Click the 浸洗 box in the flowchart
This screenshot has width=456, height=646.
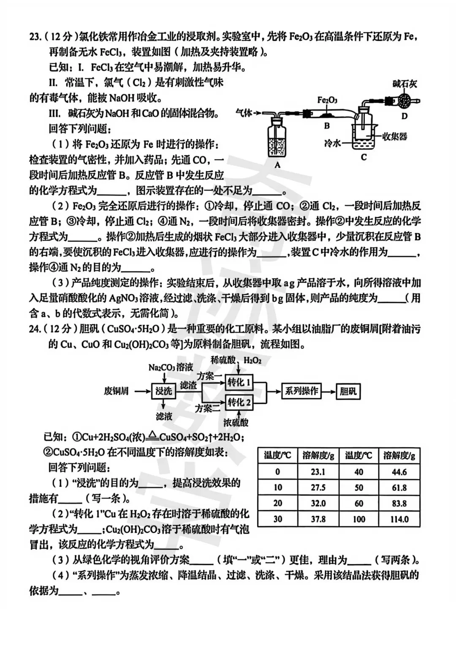pos(163,391)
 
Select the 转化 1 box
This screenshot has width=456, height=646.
pos(239,383)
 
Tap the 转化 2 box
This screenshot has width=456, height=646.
pos(239,402)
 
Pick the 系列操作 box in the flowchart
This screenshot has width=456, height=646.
pos(301,391)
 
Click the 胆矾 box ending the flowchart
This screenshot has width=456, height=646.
pos(348,391)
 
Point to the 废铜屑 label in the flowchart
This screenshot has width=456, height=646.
pos(116,391)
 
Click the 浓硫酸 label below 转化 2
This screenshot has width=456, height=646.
pos(236,422)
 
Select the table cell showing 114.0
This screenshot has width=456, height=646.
pos(399,519)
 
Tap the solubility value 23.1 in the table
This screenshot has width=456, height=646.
pos(318,472)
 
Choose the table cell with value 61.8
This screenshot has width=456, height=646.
pos(399,487)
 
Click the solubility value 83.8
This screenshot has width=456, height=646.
pos(399,503)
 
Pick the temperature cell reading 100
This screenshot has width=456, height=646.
pos(359,519)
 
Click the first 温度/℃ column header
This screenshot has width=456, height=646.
pos(277,455)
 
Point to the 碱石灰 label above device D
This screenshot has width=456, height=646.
pos(404,84)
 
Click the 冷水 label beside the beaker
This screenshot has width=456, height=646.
pos(332,143)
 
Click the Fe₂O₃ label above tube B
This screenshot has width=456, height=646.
pos(327,100)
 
